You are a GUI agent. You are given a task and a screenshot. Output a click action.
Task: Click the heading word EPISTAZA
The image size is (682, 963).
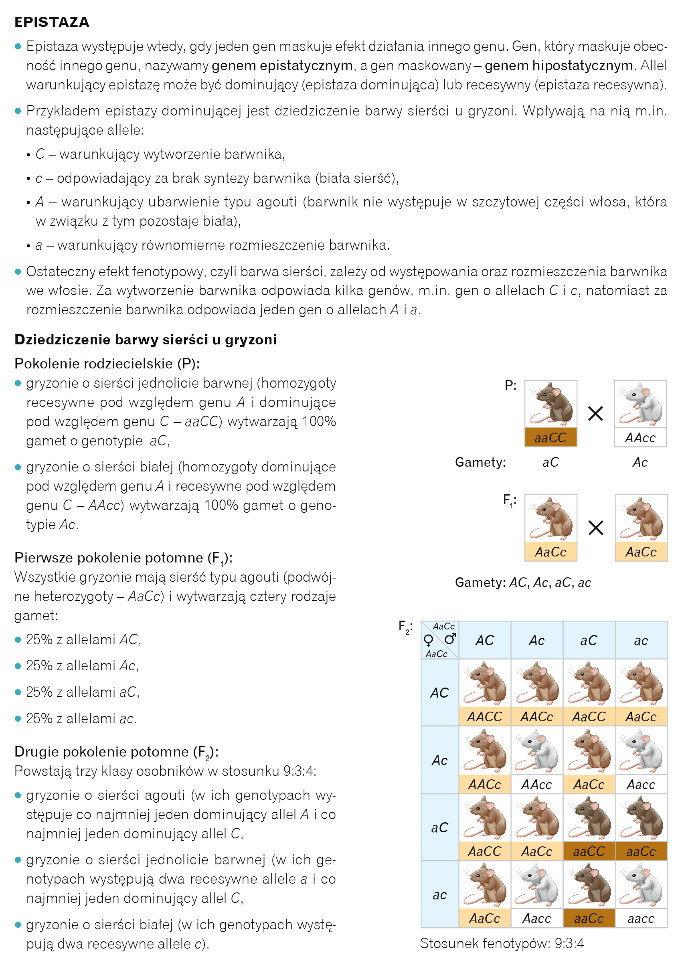pyautogui.click(x=52, y=22)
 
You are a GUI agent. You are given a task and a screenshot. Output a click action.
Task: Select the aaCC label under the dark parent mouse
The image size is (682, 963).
pyautogui.click(x=550, y=438)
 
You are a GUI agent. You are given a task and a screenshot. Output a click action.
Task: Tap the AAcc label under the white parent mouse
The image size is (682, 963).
pyautogui.click(x=640, y=438)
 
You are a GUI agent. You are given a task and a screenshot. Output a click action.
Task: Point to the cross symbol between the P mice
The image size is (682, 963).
pyautogui.click(x=595, y=414)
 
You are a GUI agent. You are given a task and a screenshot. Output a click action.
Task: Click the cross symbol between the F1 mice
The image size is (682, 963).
pyautogui.click(x=595, y=528)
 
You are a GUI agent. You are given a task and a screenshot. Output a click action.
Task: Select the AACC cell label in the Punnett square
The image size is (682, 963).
pyautogui.click(x=485, y=716)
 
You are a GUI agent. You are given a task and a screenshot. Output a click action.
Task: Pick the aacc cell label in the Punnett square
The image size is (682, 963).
pyautogui.click(x=641, y=919)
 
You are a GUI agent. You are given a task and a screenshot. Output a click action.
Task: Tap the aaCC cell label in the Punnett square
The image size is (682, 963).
pyautogui.click(x=589, y=851)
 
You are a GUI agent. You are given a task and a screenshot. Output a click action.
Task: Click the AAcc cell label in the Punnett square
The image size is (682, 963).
pyautogui.click(x=537, y=784)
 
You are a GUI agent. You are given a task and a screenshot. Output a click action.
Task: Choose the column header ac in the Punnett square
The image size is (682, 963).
pyautogui.click(x=641, y=640)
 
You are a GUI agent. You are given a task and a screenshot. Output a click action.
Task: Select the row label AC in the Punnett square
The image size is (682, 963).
pyautogui.click(x=439, y=692)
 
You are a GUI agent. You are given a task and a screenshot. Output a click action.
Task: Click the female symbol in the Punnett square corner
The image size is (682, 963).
pyautogui.click(x=428, y=640)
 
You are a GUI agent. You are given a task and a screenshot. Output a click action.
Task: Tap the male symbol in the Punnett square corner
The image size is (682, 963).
pyautogui.click(x=450, y=639)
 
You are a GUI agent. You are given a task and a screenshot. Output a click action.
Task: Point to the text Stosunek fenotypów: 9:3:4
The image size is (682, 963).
pyautogui.click(x=502, y=943)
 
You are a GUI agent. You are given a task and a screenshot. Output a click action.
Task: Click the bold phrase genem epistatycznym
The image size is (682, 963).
pyautogui.click(x=282, y=65)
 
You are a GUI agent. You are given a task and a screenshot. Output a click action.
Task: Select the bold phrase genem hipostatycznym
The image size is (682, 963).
pyautogui.click(x=559, y=65)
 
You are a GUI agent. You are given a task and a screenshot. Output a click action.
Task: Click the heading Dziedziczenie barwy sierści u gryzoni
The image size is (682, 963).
pyautogui.click(x=145, y=339)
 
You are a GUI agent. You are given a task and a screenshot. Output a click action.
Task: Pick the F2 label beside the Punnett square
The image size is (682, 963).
pyautogui.click(x=405, y=627)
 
